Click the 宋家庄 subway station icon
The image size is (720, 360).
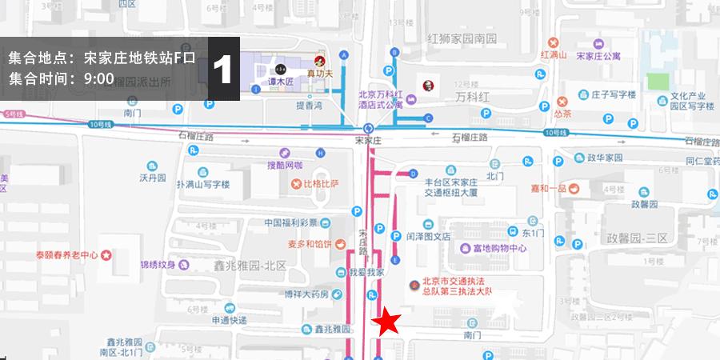pos(368,128)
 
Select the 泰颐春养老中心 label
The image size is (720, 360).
pos(66,255)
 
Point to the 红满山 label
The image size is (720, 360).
pos(554,55)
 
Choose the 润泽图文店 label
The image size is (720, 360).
pos(428,236)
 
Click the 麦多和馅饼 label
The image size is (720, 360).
pos(311,244)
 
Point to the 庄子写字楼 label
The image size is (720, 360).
pos(613,94)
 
